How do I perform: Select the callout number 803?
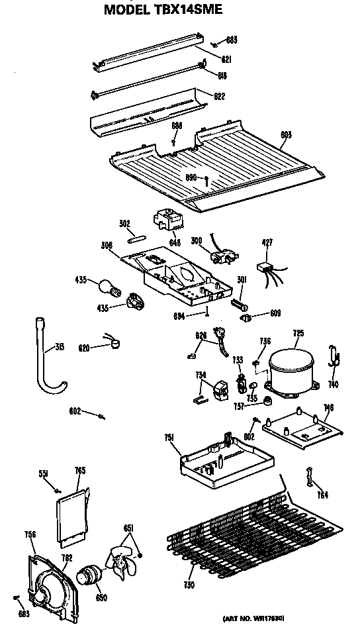pyautogui.click(x=285, y=134)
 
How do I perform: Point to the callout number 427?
pyautogui.click(x=267, y=242)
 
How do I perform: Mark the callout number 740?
pyautogui.click(x=334, y=384)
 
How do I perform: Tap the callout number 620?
pyautogui.click(x=84, y=347)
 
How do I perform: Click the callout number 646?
pyautogui.click(x=175, y=242)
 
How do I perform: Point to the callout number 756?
pyautogui.click(x=30, y=534)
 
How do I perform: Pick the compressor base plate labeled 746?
pyautogui.click(x=302, y=430)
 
